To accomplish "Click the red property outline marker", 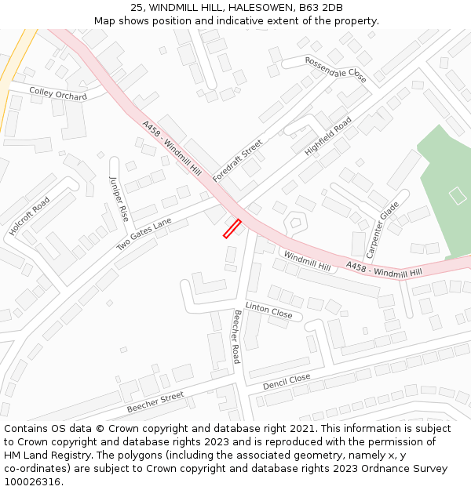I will coord(232,228).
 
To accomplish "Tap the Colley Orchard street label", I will coord(58,94).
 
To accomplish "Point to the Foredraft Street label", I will coord(237,161).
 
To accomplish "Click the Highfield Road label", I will coord(328,137).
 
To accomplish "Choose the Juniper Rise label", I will coord(119,198).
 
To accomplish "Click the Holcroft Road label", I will coord(30,216).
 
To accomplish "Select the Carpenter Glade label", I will coord(383,230).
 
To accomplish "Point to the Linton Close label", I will coord(268,310).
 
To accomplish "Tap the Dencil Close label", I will coord(287,383).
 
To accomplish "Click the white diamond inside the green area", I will coord(458,196).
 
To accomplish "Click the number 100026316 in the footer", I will coord(33,481).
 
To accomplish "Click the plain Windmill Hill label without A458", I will coord(307,261).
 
